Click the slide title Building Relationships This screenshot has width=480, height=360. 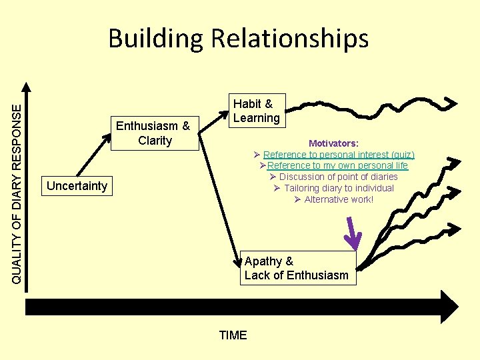pyautogui.click(x=238, y=38)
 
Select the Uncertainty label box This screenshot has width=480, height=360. pyautogui.click(x=77, y=186)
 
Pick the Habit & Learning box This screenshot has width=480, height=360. pyautogui.click(x=256, y=111)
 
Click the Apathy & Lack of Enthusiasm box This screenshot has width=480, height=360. pyautogui.click(x=297, y=268)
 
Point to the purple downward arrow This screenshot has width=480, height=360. pyautogui.click(x=353, y=236)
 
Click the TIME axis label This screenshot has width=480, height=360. pyautogui.click(x=233, y=335)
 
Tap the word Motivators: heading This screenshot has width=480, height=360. pyautogui.click(x=333, y=143)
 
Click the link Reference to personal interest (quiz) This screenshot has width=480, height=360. pyautogui.click(x=339, y=155)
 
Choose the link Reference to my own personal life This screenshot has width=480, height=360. pyautogui.click(x=337, y=165)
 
